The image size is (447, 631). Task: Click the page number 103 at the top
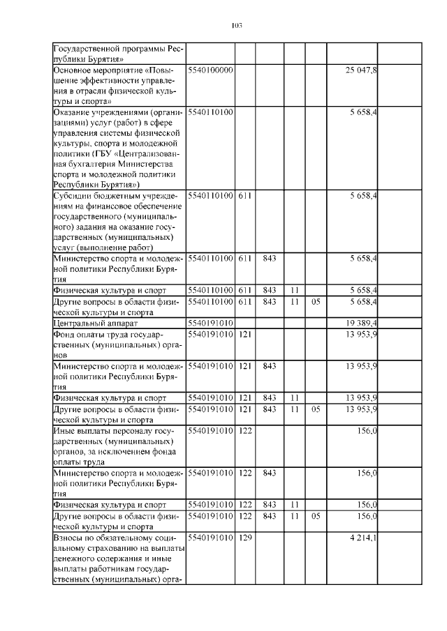coord(235,26)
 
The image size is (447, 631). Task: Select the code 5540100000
coord(211,70)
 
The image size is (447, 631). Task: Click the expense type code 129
coord(244,539)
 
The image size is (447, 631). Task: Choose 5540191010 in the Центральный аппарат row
coord(211,324)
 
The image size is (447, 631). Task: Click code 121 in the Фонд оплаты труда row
coord(244,334)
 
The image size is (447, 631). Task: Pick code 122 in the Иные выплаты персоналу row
coord(244,432)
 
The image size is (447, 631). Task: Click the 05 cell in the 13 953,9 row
coord(316,409)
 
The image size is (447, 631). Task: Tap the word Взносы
coord(71,539)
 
